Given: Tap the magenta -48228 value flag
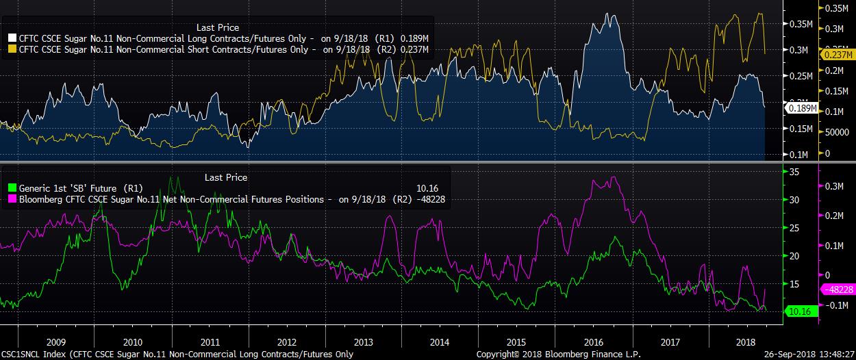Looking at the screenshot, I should click(x=838, y=290).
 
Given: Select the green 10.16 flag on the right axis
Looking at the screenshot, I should click(x=799, y=311).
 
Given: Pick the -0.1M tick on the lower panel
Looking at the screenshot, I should click(x=838, y=305).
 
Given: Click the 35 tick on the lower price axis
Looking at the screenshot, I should click(x=794, y=172).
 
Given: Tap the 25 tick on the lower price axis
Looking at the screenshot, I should click(x=794, y=228).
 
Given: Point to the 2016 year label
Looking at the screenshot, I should click(x=593, y=342).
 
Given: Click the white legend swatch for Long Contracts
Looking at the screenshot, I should click(x=12, y=38).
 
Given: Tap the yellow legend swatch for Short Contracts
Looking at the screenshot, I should click(x=12, y=49).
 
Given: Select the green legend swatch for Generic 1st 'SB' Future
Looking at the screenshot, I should click(x=12, y=188).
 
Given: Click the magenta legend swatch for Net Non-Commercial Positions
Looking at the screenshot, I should click(x=12, y=199).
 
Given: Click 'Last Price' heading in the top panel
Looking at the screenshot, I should click(x=218, y=27).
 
